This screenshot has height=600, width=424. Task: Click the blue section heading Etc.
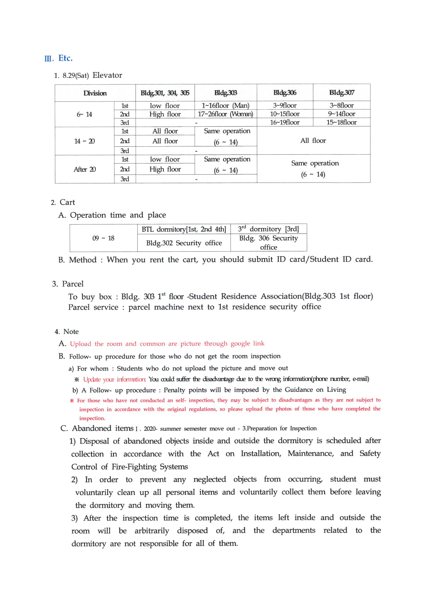pyautogui.click(x=65, y=58)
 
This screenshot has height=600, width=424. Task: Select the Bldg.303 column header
pyautogui.click(x=225, y=93)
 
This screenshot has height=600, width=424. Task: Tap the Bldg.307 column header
pyautogui.click(x=341, y=92)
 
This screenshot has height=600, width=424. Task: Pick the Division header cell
pyautogui.click(x=95, y=93)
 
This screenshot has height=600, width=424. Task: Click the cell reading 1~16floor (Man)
pyautogui.click(x=225, y=105)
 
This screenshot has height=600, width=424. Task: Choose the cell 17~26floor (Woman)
pyautogui.click(x=225, y=114)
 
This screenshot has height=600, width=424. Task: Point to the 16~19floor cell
pyautogui.click(x=285, y=122)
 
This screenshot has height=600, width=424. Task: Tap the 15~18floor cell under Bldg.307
pyautogui.click(x=341, y=122)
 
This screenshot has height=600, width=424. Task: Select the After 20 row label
pyautogui.click(x=85, y=169)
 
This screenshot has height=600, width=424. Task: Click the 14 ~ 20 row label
pyautogui.click(x=85, y=141)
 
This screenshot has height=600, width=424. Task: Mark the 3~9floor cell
pyautogui.click(x=285, y=105)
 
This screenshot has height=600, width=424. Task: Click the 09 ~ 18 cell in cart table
pyautogui.click(x=103, y=238)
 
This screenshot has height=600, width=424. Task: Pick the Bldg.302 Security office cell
pyautogui.click(x=184, y=243)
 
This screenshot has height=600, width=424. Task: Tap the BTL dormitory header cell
pyautogui.click(x=184, y=229)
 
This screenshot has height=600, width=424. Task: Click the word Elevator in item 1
pyautogui.click(x=107, y=75)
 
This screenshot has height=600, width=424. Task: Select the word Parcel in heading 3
pyautogui.click(x=73, y=284)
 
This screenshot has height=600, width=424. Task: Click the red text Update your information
pyautogui.click(x=114, y=379)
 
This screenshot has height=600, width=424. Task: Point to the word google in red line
pyautogui.click(x=240, y=344)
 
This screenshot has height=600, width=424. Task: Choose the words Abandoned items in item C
pyautogui.click(x=103, y=428)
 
